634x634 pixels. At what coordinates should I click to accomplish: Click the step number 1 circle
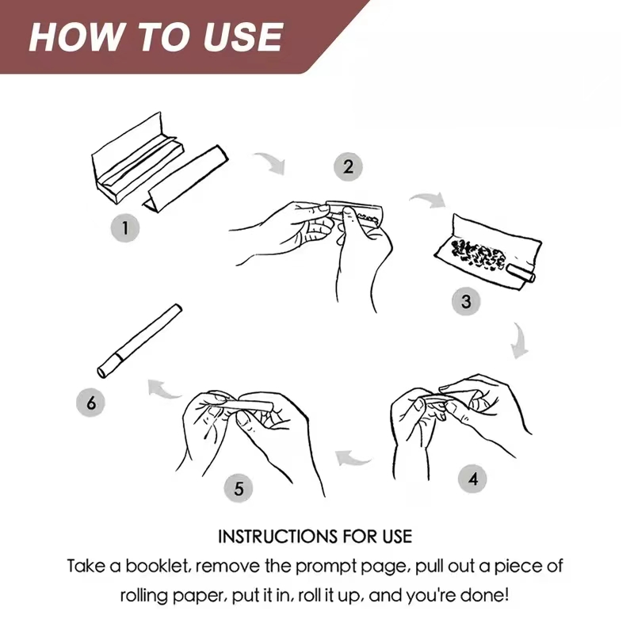(125, 228)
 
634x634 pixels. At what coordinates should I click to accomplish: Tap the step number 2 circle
(348, 166)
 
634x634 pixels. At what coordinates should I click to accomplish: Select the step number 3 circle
(466, 302)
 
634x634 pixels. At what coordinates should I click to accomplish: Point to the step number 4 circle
(472, 479)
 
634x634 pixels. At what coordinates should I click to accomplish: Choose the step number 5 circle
(239, 488)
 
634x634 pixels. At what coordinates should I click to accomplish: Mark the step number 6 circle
(91, 403)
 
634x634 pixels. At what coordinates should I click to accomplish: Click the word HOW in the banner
(75, 37)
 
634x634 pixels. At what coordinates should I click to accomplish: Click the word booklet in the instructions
(158, 566)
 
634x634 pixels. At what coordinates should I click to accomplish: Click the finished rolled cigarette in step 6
(140, 341)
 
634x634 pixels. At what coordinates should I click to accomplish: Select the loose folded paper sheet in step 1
(186, 178)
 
